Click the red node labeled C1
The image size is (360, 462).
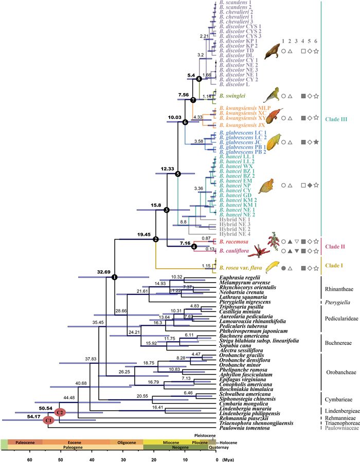tap(49, 420)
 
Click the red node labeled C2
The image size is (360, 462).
tap(61, 412)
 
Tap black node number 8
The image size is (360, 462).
tap(199, 79)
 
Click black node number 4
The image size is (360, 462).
tap(194, 247)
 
